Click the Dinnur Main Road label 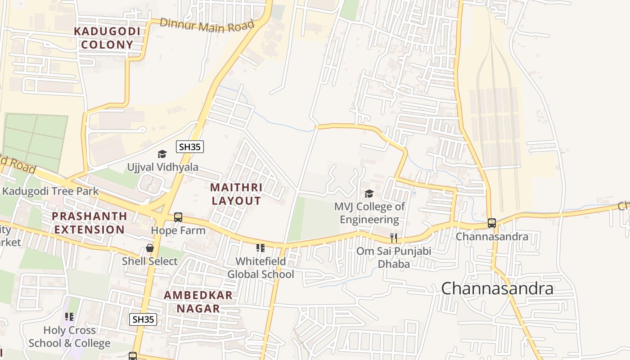(207, 25)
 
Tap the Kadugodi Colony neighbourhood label (107, 38)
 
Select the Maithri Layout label (236, 194)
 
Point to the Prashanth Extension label (89, 223)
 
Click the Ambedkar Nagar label (198, 302)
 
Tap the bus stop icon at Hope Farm (178, 217)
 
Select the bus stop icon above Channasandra (492, 223)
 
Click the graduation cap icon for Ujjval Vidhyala (162, 154)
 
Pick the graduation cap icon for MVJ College (369, 194)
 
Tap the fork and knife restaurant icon (394, 238)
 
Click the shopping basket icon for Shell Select (150, 248)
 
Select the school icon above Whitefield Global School (260, 248)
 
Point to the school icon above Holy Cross (69, 317)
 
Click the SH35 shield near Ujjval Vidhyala (190, 147)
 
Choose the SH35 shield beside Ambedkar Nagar (143, 319)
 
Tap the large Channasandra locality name (497, 288)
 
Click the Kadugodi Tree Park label (50, 191)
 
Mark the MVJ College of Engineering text (369, 213)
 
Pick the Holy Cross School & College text (69, 337)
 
